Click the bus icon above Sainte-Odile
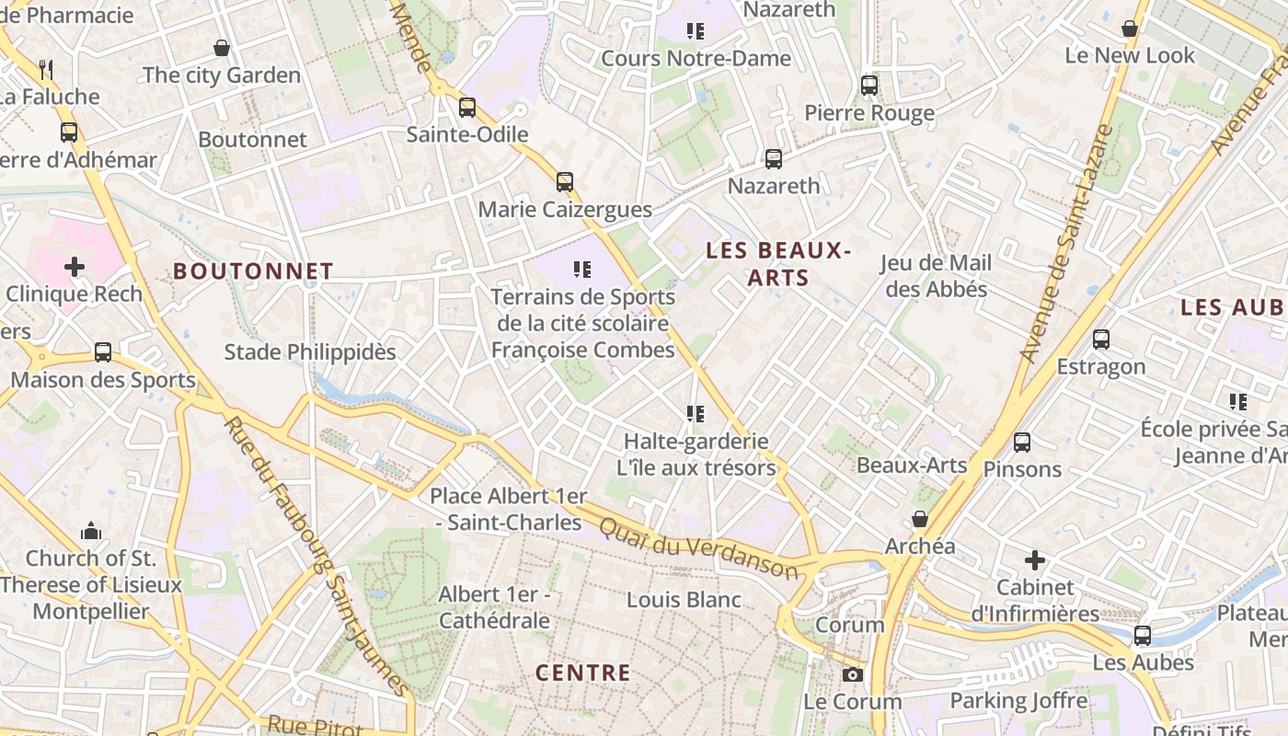(x=467, y=107)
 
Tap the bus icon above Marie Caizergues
(x=565, y=182)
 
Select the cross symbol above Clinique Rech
(x=75, y=267)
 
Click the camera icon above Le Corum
(x=853, y=675)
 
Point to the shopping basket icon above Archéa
(x=919, y=519)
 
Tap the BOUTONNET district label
(x=253, y=270)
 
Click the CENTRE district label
(x=583, y=673)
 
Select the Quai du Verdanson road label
(x=698, y=547)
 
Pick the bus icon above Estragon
(x=1101, y=339)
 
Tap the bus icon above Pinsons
(x=1021, y=443)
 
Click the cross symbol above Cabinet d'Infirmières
(x=1035, y=559)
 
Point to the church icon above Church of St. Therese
(x=90, y=531)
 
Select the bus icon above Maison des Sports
(x=103, y=352)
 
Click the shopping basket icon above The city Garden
(x=222, y=48)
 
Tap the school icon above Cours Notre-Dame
(x=696, y=31)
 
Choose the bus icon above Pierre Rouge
(x=869, y=86)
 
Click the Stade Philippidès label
(x=310, y=351)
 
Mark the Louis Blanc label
(x=684, y=600)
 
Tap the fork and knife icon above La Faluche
(x=46, y=69)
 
